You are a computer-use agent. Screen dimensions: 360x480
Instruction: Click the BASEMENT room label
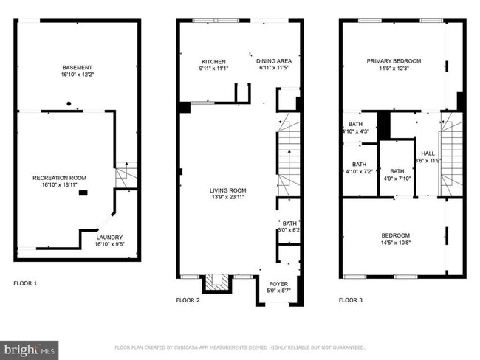coord(77,67)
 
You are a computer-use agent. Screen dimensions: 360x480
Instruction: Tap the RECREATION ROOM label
coord(59,178)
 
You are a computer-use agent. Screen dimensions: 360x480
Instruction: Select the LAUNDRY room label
coord(109,238)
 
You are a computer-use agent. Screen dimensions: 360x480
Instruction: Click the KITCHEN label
coord(213,62)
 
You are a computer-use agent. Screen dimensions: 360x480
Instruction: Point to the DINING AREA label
coord(272,62)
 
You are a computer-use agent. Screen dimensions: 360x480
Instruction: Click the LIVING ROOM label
coord(227,190)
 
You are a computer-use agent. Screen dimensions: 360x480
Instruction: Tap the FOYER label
coord(278,283)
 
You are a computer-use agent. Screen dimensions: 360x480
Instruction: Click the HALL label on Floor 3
coord(427,153)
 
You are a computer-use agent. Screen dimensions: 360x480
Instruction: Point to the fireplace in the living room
coord(217,281)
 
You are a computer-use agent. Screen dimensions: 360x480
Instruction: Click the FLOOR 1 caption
coord(25,283)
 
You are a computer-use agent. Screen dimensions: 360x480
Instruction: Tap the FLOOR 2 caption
coord(188,300)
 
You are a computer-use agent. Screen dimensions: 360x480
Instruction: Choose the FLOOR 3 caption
coord(350,300)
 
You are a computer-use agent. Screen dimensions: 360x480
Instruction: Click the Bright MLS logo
coord(30,348)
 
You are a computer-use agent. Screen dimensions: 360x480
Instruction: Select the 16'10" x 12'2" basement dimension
coord(77,75)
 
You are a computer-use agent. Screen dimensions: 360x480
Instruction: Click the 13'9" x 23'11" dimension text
coord(227,198)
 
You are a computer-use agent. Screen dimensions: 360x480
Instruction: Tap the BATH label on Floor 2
coord(289,223)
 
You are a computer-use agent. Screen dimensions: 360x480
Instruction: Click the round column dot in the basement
coord(69,103)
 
